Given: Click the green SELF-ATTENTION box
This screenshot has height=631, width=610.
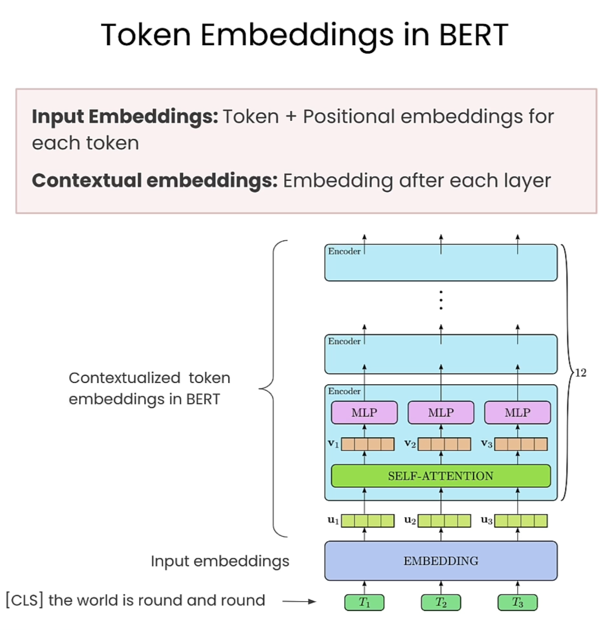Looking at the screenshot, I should pyautogui.click(x=440, y=476).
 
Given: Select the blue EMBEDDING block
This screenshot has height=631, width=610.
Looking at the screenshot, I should pyautogui.click(x=440, y=560).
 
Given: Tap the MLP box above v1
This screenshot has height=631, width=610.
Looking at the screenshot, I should pyautogui.click(x=364, y=412).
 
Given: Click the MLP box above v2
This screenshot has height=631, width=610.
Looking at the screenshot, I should pyautogui.click(x=441, y=412).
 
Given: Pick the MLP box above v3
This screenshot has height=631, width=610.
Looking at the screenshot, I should pyautogui.click(x=517, y=412).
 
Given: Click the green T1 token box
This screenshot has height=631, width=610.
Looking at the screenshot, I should pyautogui.click(x=364, y=602).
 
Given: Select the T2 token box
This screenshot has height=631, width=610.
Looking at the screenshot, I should pyautogui.click(x=441, y=602).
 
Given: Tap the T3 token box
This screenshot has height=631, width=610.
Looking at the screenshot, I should pyautogui.click(x=517, y=602).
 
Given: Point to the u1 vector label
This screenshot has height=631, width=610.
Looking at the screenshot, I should pyautogui.click(x=333, y=520).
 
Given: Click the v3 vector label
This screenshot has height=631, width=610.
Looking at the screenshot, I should pyautogui.click(x=486, y=444).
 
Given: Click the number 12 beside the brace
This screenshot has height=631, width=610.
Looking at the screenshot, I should pyautogui.click(x=580, y=373).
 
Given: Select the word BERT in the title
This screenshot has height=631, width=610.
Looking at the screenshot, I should pyautogui.click(x=473, y=35).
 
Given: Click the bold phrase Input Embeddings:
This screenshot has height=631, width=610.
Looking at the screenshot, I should pyautogui.click(x=125, y=117).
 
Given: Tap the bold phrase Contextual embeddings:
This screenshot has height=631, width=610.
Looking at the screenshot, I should pyautogui.click(x=155, y=181).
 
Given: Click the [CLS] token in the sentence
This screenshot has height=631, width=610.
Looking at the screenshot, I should pyautogui.click(x=25, y=600).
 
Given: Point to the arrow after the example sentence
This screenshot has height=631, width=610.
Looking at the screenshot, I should pyautogui.click(x=299, y=601).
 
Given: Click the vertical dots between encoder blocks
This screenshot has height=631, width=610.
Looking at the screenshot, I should pyautogui.click(x=441, y=300).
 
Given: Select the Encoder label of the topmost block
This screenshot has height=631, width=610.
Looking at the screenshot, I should pyautogui.click(x=344, y=251).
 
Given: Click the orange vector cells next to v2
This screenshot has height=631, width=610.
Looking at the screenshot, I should pyautogui.click(x=444, y=444).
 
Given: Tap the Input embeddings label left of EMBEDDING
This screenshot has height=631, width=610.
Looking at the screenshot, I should pyautogui.click(x=220, y=561).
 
